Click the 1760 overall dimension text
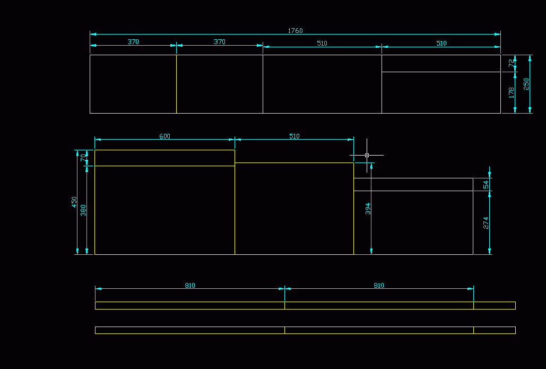[x=295, y=31]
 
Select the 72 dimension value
[x=512, y=63]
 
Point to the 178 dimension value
[x=512, y=92]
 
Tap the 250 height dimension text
[x=526, y=84]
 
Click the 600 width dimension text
[x=164, y=136]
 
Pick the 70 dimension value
[x=83, y=158]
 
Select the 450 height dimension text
[x=75, y=202]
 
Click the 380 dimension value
[x=83, y=210]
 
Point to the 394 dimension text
[x=368, y=208]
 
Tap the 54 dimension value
[x=486, y=184]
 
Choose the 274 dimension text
[x=486, y=222]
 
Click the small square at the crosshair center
[x=367, y=156]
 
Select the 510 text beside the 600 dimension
[x=294, y=136]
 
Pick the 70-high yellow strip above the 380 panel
[x=164, y=158]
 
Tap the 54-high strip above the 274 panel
[x=413, y=184]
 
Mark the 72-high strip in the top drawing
[x=441, y=63]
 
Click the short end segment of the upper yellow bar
[x=494, y=305]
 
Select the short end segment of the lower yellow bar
[x=494, y=330]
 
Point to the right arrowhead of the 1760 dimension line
[x=498, y=34]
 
